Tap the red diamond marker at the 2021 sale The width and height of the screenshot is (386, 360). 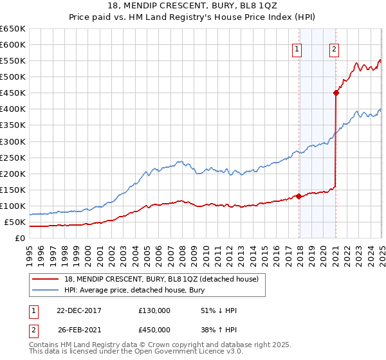[x=336, y=93]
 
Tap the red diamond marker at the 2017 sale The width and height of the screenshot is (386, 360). [x=299, y=196]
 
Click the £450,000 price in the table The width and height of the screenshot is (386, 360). [x=154, y=329]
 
